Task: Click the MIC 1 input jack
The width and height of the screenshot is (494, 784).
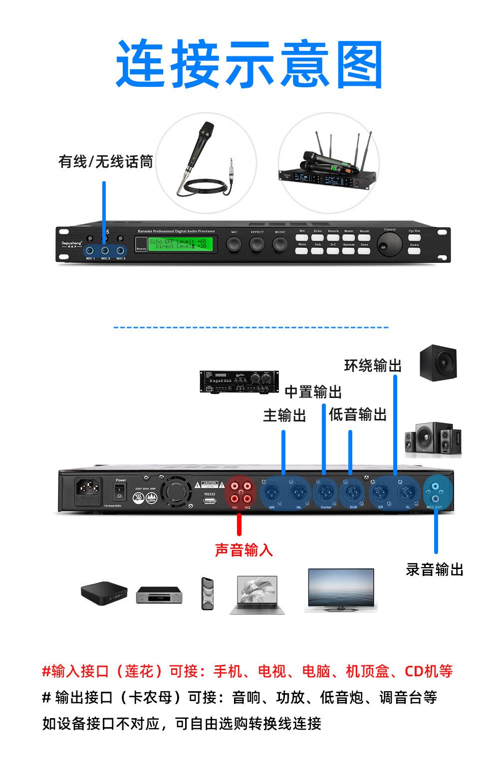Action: tap(90, 250)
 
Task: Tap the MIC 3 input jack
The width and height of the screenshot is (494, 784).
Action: tap(120, 250)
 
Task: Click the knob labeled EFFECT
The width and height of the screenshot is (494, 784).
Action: tap(257, 244)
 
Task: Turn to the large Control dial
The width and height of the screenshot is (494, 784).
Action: tap(390, 243)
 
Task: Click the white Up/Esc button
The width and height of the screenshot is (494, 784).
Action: tap(414, 237)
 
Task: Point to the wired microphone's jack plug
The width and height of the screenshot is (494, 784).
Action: tap(231, 173)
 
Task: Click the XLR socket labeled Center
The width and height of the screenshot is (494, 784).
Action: tap(325, 493)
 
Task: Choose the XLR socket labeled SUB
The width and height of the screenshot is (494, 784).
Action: tap(353, 493)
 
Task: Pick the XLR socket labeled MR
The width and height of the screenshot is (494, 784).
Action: tap(272, 493)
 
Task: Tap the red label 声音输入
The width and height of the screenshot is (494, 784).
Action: tap(244, 550)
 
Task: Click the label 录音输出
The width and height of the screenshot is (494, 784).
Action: tap(435, 570)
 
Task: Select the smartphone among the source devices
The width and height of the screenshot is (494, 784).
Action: tap(208, 593)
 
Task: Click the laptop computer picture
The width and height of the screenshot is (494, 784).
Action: tap(257, 595)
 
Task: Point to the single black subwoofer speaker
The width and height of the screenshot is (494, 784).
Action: tap(438, 363)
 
